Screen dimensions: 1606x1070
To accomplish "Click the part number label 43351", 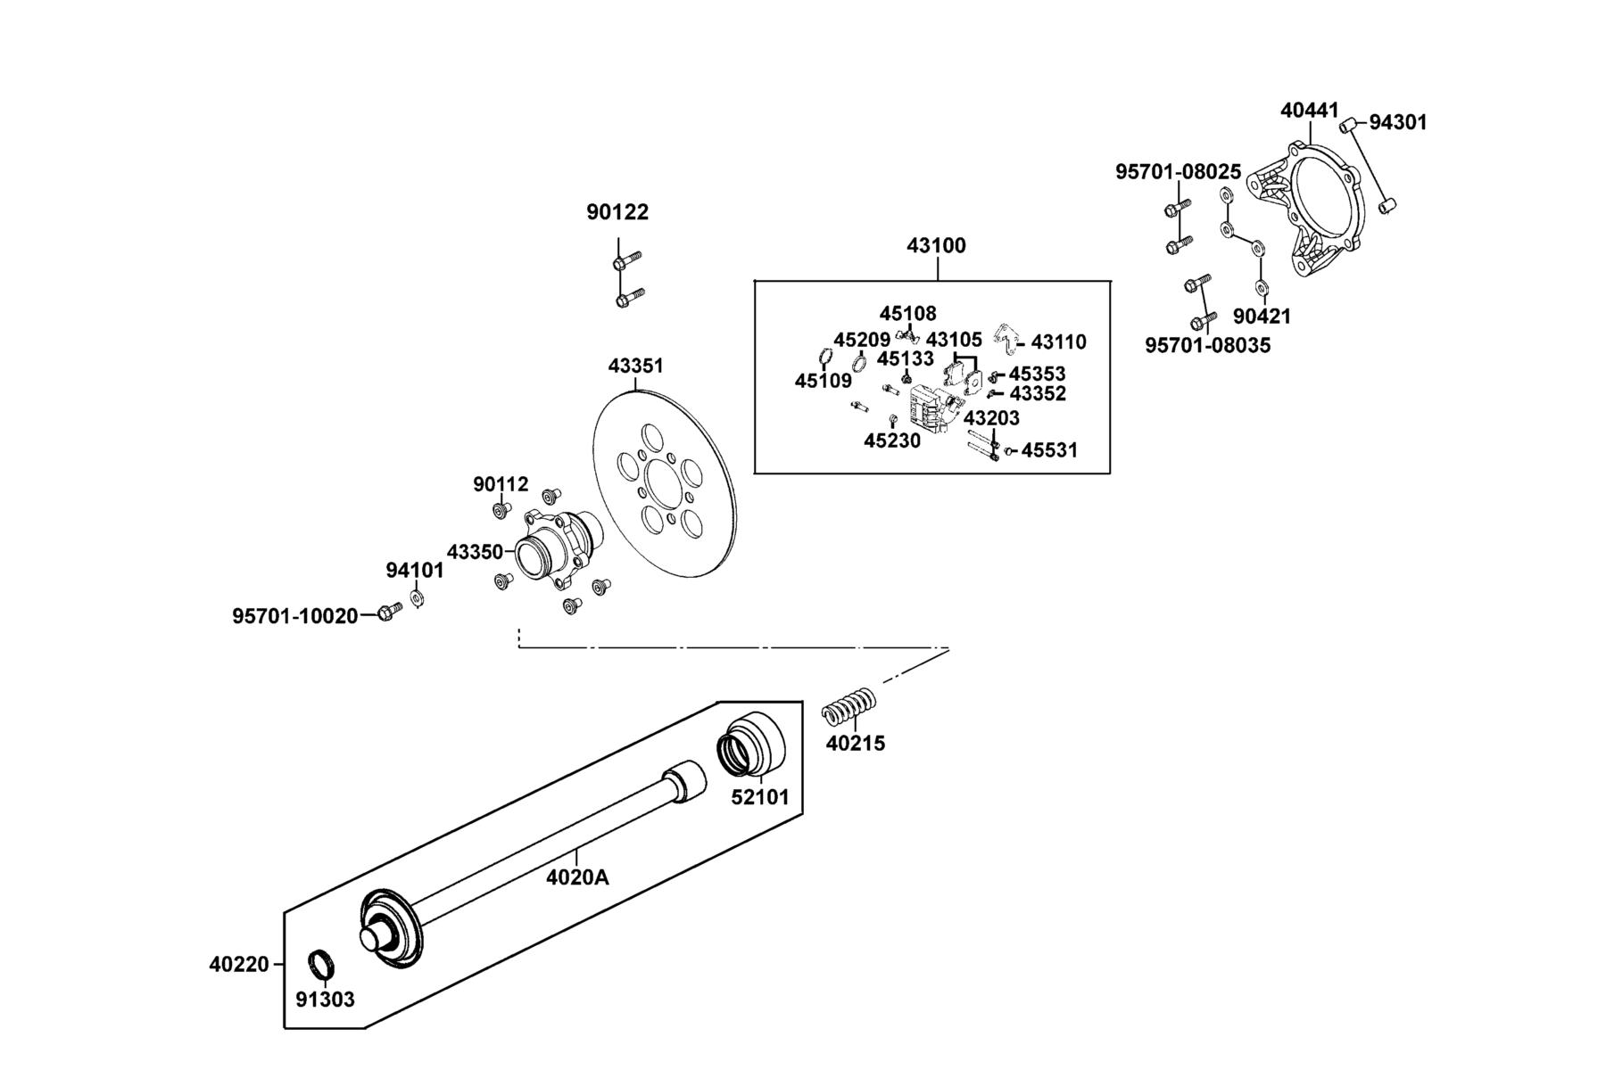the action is point(635,366).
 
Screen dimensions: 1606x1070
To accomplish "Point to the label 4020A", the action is point(577,877).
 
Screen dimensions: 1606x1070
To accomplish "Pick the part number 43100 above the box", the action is point(936,245).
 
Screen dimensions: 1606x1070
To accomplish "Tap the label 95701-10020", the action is point(295,616).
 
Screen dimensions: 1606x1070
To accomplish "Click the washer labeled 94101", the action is point(416,597).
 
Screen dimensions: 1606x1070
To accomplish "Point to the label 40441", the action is point(1310,111).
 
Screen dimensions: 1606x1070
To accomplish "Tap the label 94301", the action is point(1398,122).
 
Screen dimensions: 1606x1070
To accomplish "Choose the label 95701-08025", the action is point(1178,171).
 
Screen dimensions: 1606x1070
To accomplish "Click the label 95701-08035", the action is point(1207,345).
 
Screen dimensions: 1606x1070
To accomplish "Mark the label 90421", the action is point(1262,317).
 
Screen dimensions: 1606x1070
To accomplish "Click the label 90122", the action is point(617,212).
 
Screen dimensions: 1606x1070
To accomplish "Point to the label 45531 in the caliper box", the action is point(1049,450).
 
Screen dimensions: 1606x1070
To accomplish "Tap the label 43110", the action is point(1059,342).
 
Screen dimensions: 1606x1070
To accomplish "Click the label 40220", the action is point(239,965).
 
